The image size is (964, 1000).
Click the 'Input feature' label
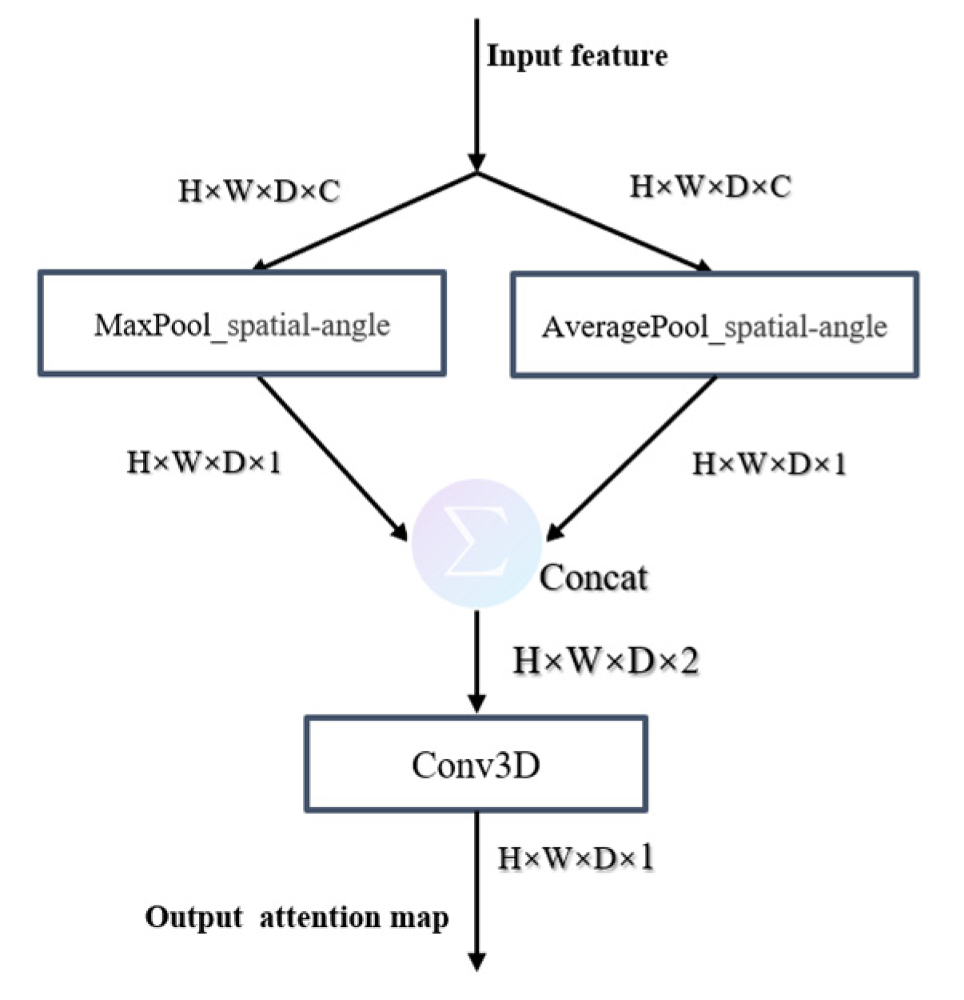point(577,56)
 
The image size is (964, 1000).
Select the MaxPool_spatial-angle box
point(241,324)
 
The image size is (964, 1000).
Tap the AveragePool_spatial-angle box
point(714,326)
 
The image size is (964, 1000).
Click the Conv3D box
point(476,765)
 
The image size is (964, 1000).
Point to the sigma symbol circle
point(476,544)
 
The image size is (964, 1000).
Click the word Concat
point(593,578)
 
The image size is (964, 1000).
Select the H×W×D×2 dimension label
point(606,661)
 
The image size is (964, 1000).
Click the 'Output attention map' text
point(297,917)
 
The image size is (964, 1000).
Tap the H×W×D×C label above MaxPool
point(259,192)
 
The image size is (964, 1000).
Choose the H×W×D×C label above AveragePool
point(711,187)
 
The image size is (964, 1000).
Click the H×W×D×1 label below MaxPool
point(205,462)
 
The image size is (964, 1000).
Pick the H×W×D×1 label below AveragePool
point(769,464)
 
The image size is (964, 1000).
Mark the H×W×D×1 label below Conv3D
point(576,858)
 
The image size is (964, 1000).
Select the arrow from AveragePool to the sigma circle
point(631,456)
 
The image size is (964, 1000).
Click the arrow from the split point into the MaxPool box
point(368,220)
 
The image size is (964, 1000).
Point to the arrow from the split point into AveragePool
point(592,220)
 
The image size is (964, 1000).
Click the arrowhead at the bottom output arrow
point(476,960)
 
